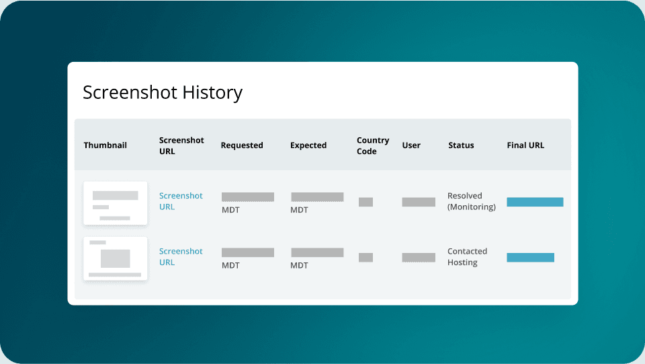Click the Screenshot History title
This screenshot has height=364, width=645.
(x=162, y=92)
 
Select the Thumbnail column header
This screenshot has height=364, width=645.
(x=105, y=145)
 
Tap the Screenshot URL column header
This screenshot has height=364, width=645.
(x=181, y=145)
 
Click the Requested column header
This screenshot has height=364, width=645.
(x=242, y=145)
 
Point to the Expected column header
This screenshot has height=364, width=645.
(x=308, y=145)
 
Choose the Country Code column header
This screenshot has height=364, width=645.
(x=373, y=145)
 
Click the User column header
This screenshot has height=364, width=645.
(x=411, y=145)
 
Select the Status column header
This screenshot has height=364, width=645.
(x=461, y=145)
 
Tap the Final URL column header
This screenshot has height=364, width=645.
(x=525, y=145)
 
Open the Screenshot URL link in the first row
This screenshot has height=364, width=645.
(x=181, y=201)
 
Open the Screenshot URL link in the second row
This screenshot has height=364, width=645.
(x=181, y=256)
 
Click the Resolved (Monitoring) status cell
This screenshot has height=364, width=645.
(x=472, y=201)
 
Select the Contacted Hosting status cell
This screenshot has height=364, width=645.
(x=467, y=256)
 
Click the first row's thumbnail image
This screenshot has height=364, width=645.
(x=115, y=203)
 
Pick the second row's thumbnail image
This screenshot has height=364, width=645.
(x=115, y=258)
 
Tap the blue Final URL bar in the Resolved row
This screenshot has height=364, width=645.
(x=535, y=202)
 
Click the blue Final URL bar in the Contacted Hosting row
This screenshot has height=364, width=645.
(x=530, y=257)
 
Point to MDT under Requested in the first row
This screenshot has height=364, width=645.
(x=230, y=210)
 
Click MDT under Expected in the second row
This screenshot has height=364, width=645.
(x=299, y=265)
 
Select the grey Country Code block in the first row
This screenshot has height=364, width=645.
(x=365, y=202)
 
